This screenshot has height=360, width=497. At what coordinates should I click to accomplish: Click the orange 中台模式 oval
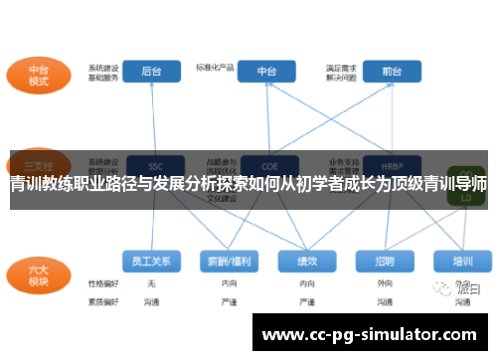(38, 76)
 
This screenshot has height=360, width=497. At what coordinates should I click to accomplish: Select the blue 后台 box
(151, 72)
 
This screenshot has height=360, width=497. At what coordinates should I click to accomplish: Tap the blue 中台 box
(266, 72)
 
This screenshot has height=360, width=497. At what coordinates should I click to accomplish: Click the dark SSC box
(154, 164)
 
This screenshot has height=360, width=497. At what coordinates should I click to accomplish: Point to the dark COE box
(266, 164)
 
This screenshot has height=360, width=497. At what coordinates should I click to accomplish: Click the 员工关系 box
(151, 262)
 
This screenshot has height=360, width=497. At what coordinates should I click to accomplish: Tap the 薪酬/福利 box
(229, 262)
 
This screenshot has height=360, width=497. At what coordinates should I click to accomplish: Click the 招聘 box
(385, 262)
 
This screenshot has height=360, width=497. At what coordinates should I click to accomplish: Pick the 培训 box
(462, 262)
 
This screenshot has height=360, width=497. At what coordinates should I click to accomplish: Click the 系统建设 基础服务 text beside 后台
(102, 72)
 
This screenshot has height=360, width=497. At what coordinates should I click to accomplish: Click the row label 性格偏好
(102, 283)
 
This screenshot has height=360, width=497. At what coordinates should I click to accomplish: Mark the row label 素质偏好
(102, 300)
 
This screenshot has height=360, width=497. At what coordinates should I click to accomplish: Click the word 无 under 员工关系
(151, 283)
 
